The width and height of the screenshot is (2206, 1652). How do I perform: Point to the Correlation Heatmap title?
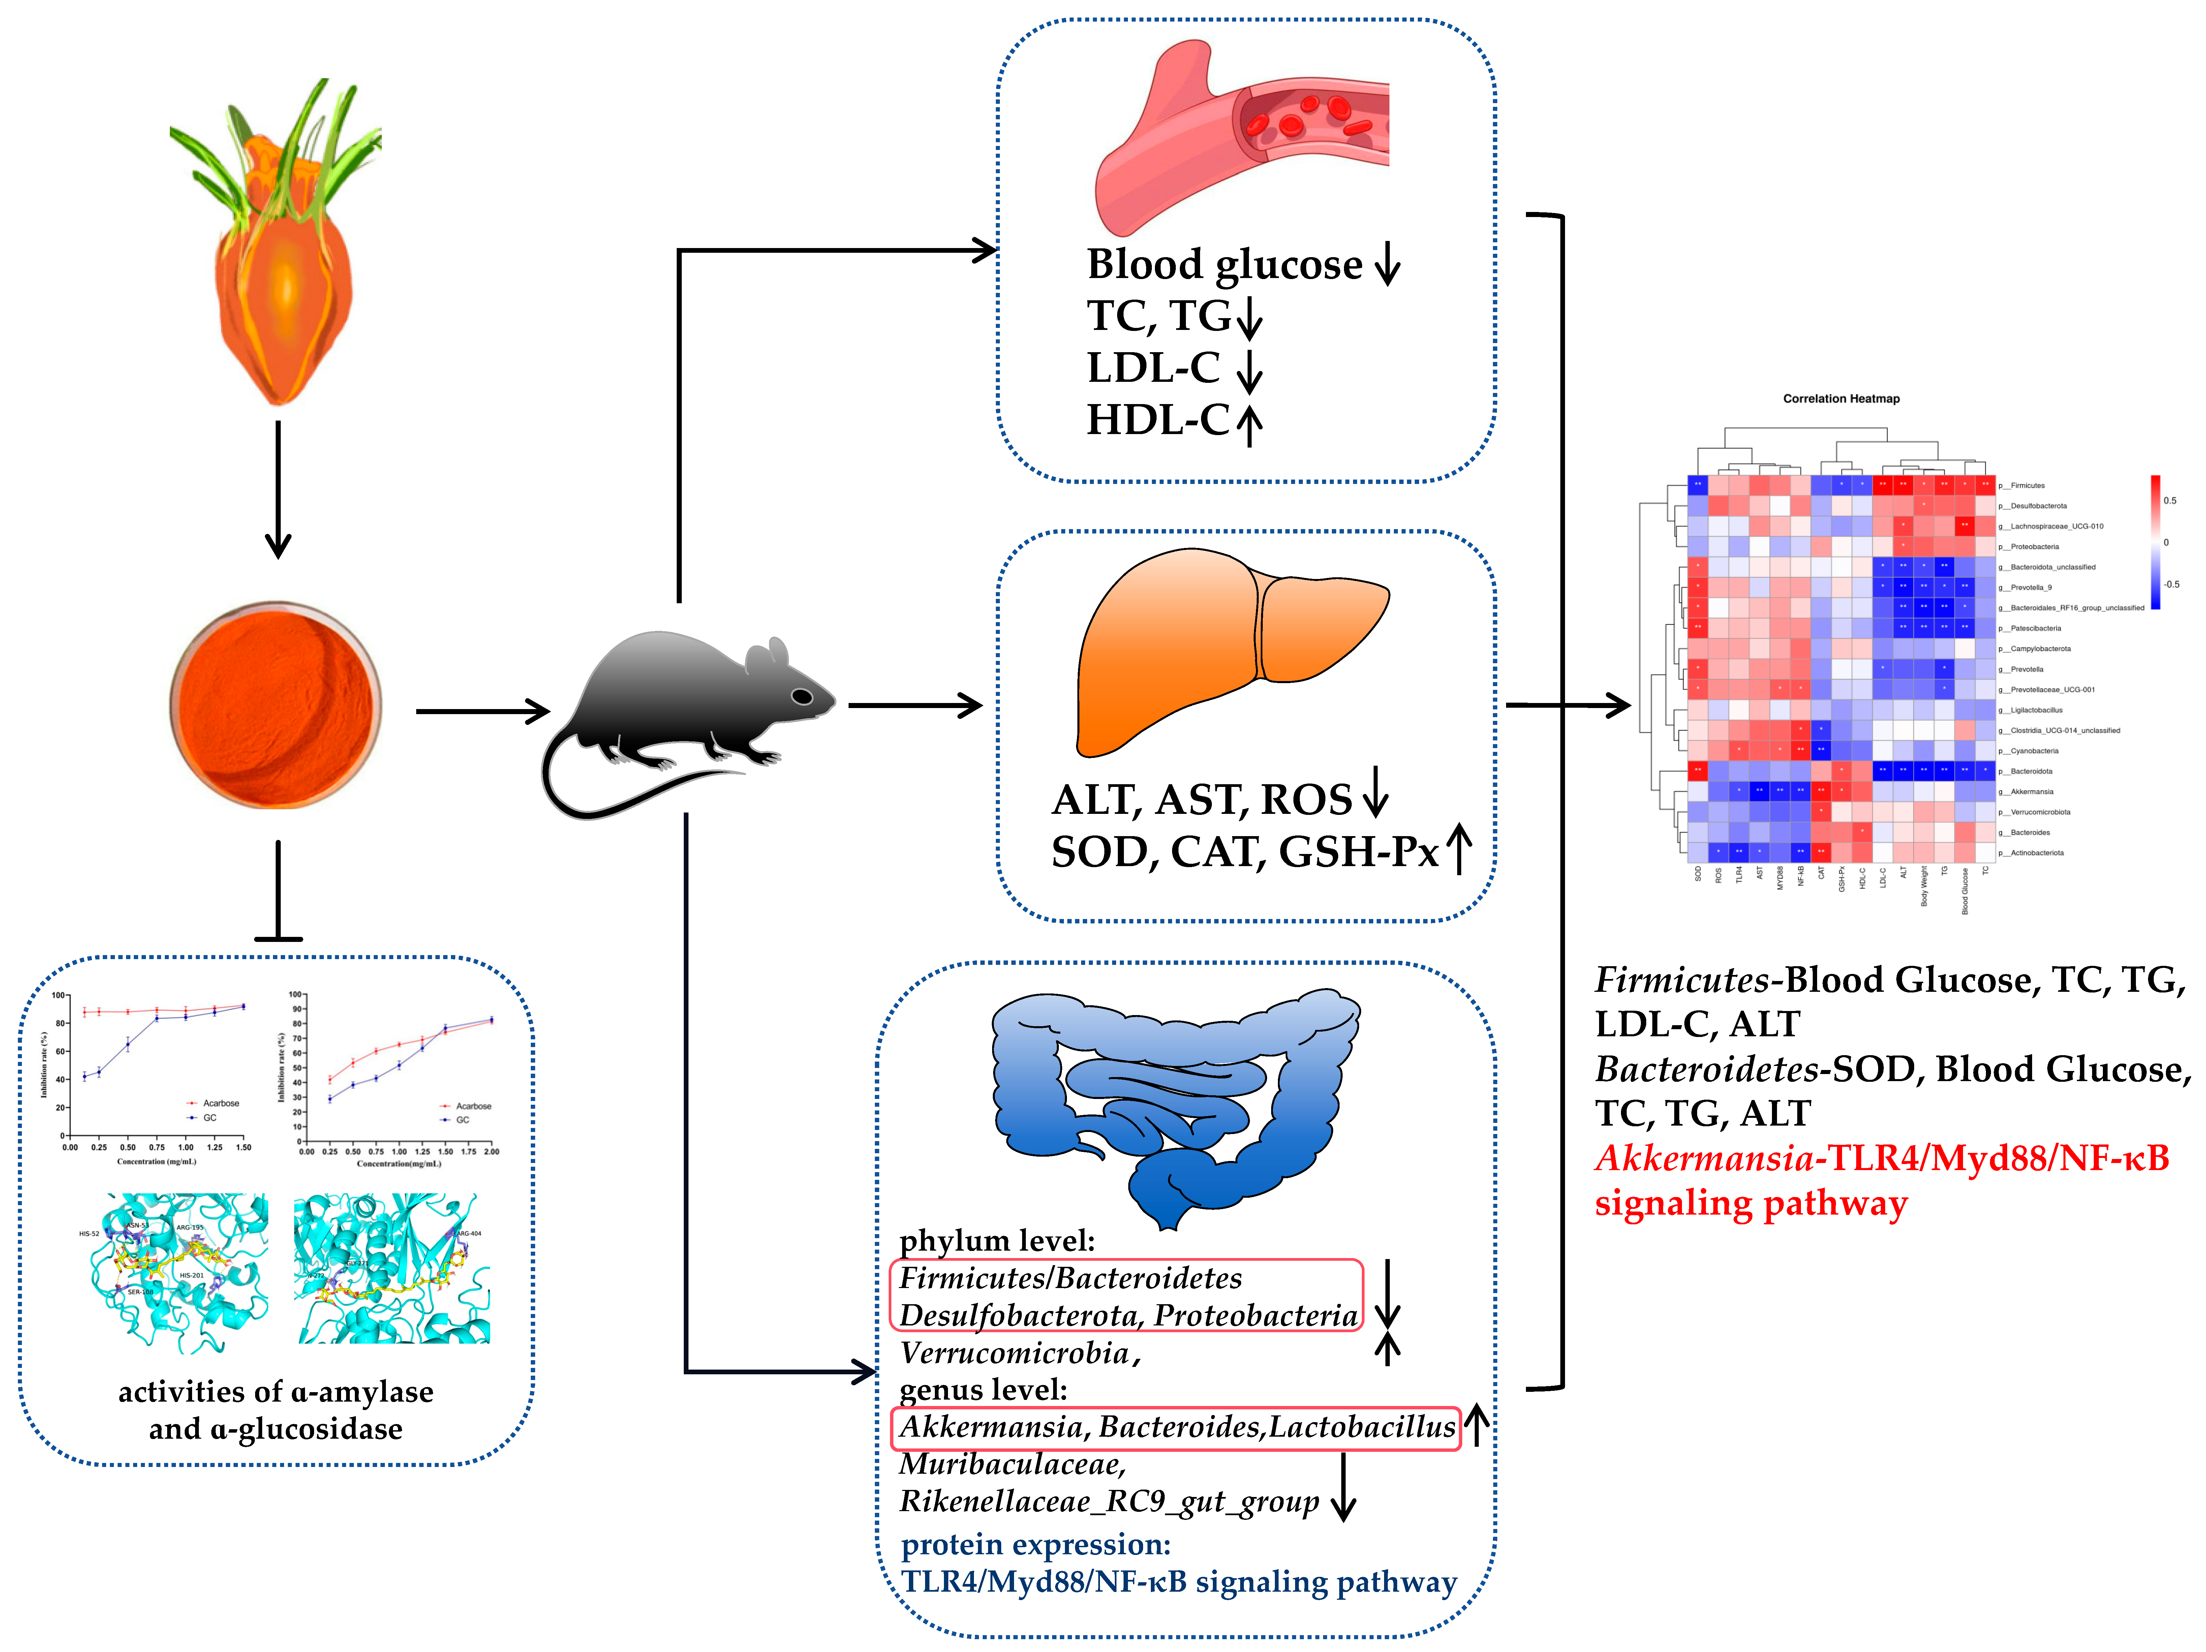[x=1841, y=399]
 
